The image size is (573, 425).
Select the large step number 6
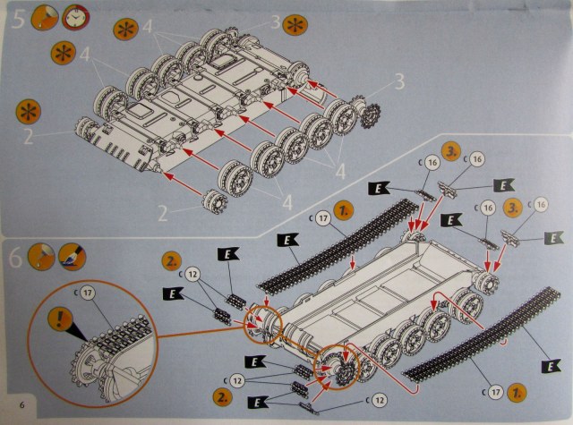16,259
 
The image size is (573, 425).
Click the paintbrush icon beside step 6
73,257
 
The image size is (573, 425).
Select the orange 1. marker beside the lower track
517,392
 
